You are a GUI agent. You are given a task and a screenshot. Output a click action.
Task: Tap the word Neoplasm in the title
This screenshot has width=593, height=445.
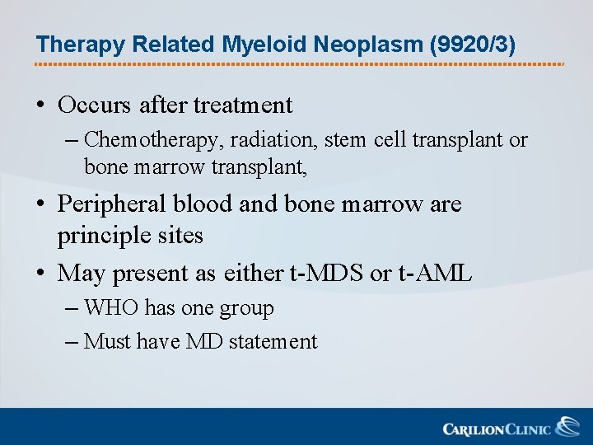tap(355, 44)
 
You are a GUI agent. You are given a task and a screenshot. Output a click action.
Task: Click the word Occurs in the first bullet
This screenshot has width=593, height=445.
tap(95, 105)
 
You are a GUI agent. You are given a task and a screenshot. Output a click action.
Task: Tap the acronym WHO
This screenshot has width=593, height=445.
tap(111, 308)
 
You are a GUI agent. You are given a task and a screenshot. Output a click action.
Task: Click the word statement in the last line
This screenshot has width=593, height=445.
tap(273, 341)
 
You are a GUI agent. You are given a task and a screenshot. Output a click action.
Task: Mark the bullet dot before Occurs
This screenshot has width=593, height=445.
tap(40, 106)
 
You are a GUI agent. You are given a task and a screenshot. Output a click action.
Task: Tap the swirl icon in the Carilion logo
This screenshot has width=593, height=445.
tap(567, 428)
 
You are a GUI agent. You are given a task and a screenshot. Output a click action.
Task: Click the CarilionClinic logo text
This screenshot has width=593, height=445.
tap(497, 429)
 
